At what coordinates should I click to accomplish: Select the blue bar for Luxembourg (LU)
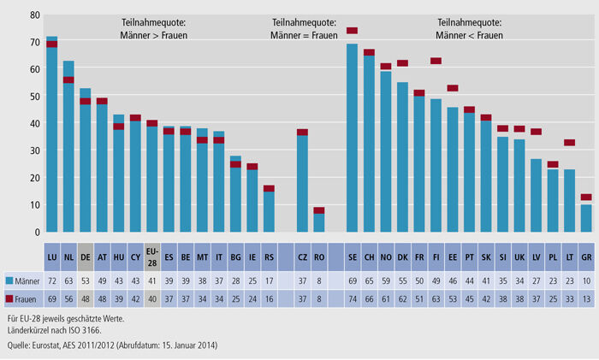pos(51,137)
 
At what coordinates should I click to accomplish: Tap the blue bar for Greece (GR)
pos(586,218)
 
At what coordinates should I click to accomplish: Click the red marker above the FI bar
pos(436,61)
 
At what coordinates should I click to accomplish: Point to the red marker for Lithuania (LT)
pos(570,143)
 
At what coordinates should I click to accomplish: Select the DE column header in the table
pos(85,255)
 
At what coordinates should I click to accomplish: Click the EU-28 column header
pos(151,255)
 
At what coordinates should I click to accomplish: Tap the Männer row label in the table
pos(27,280)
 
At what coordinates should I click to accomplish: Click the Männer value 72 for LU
pos(51,280)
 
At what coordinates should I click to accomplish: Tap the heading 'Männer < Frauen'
pos(470,35)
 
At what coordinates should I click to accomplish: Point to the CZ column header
pos(301,255)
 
